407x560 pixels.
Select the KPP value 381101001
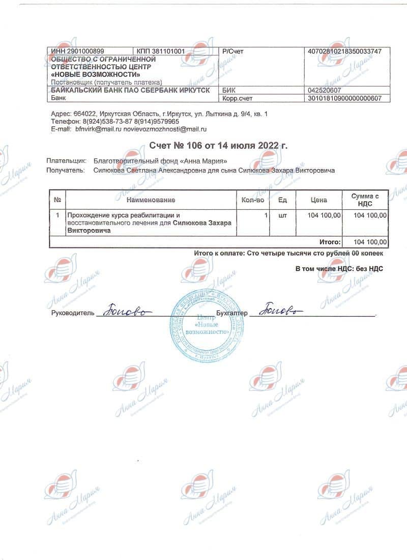[x=169, y=51]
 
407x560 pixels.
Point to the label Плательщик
[x=66, y=161]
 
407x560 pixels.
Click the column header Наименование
[x=151, y=200]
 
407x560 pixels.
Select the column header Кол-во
[x=253, y=200]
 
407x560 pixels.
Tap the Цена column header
[x=319, y=200]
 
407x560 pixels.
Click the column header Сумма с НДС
[x=365, y=200]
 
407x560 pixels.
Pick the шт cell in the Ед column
[x=283, y=216]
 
